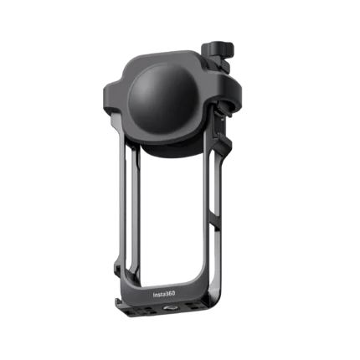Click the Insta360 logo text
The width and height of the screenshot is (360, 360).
pos(164,295)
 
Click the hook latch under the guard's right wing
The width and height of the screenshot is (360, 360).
pos(226,110)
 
